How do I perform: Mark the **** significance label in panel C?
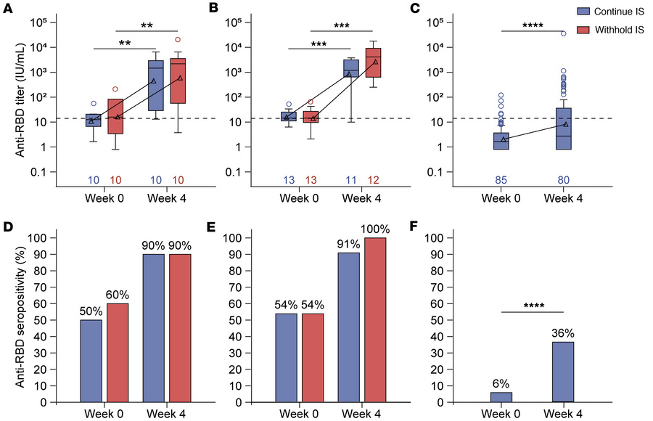pyautogui.click(x=533, y=25)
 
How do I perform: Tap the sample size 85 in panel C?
pyautogui.click(x=501, y=179)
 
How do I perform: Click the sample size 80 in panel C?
pyautogui.click(x=563, y=179)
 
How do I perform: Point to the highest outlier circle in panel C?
pyautogui.click(x=563, y=33)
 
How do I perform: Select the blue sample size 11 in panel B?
pyautogui.click(x=351, y=179)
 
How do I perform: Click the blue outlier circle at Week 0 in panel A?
pyautogui.click(x=93, y=104)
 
